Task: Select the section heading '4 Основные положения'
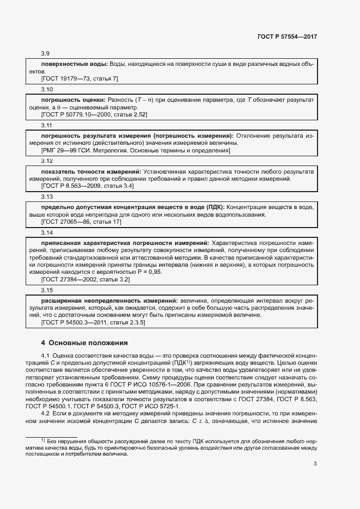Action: click(84, 343)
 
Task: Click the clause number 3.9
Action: click(46, 54)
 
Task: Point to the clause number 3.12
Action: click(47, 161)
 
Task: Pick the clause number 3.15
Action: click(47, 290)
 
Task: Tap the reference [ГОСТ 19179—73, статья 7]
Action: click(80, 78)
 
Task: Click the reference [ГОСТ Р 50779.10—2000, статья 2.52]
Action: click(94, 114)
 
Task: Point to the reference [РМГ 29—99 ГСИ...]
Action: click(136, 150)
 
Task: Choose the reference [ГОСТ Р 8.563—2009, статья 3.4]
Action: click(87, 186)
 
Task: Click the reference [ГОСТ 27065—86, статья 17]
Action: click(81, 222)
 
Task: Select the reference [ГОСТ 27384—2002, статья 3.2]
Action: click(85, 279)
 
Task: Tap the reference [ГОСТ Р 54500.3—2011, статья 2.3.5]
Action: click(93, 322)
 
